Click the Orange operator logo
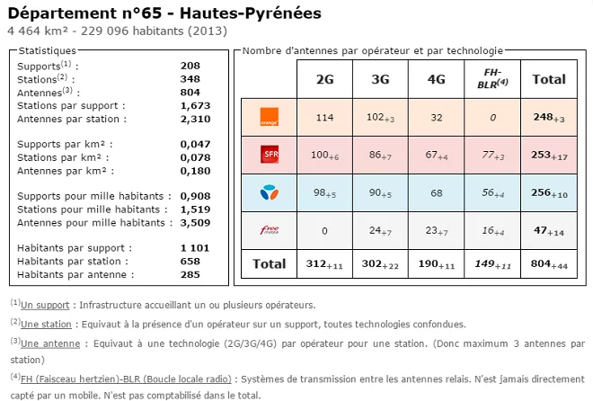click(x=269, y=116)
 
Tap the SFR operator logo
click(x=269, y=154)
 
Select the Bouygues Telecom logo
click(x=269, y=192)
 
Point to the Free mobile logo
click(x=269, y=229)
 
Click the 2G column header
click(x=324, y=79)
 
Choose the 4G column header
click(x=436, y=79)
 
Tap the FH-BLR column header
click(x=492, y=78)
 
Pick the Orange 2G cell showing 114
click(x=324, y=117)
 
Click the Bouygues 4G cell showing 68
click(x=436, y=192)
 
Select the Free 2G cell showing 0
click(x=324, y=230)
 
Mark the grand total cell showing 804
click(x=549, y=263)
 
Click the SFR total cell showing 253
click(x=549, y=155)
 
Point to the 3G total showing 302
click(x=380, y=263)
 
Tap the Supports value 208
click(x=190, y=66)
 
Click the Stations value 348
click(x=190, y=79)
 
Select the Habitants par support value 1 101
click(x=195, y=248)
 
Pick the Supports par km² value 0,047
click(x=195, y=144)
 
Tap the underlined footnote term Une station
click(x=46, y=324)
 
